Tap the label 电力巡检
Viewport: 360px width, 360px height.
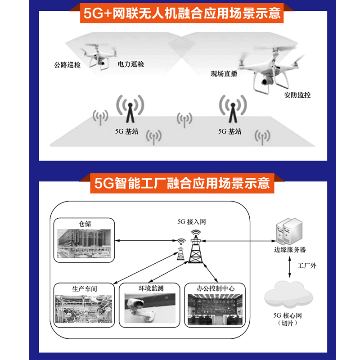point(131,64)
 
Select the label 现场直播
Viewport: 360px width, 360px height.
point(224,73)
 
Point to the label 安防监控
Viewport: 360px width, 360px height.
point(297,95)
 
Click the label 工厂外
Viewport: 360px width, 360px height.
point(307,265)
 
